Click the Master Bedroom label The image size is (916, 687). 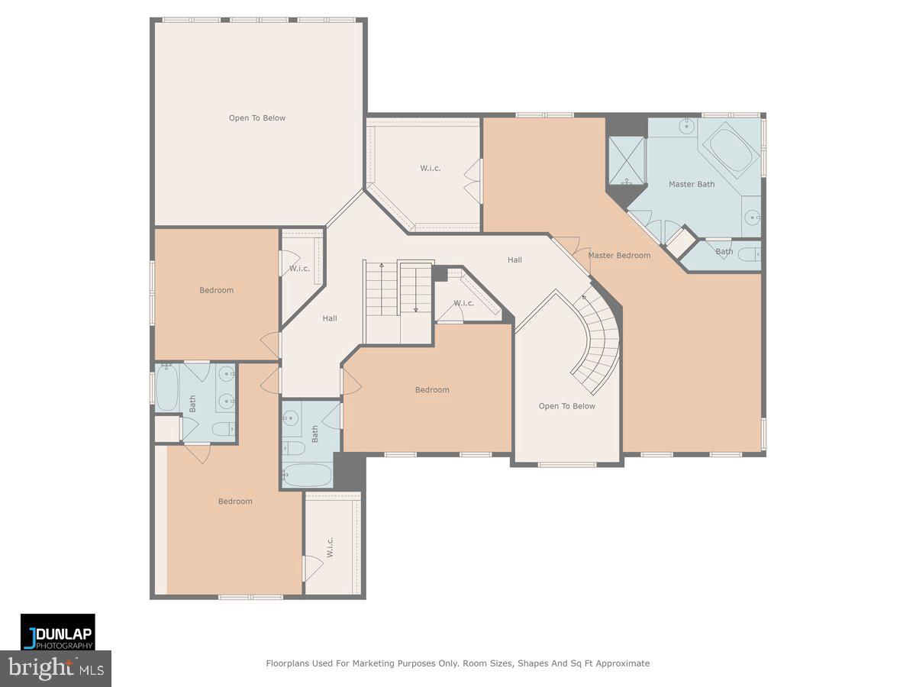[619, 255]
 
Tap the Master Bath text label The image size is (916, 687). [692, 184]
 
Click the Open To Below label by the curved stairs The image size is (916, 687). [566, 406]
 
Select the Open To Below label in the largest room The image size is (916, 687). [257, 118]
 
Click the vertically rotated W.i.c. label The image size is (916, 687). [331, 546]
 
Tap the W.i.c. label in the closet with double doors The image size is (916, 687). [430, 168]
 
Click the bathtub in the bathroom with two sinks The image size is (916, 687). [167, 388]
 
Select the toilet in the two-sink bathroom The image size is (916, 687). [221, 430]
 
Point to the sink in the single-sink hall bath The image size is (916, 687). [290, 418]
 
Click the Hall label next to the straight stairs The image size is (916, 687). [329, 318]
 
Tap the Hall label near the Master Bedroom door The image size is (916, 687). [514, 260]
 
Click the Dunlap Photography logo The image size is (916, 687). [58, 631]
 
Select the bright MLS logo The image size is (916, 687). [55, 669]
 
